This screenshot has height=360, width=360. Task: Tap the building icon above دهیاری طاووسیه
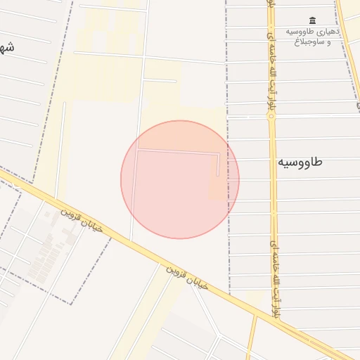[x=313, y=20]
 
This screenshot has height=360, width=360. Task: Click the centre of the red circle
[x=180, y=179]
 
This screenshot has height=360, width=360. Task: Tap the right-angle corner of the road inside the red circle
[x=138, y=149]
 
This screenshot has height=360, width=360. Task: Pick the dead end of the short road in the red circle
[x=219, y=174]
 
